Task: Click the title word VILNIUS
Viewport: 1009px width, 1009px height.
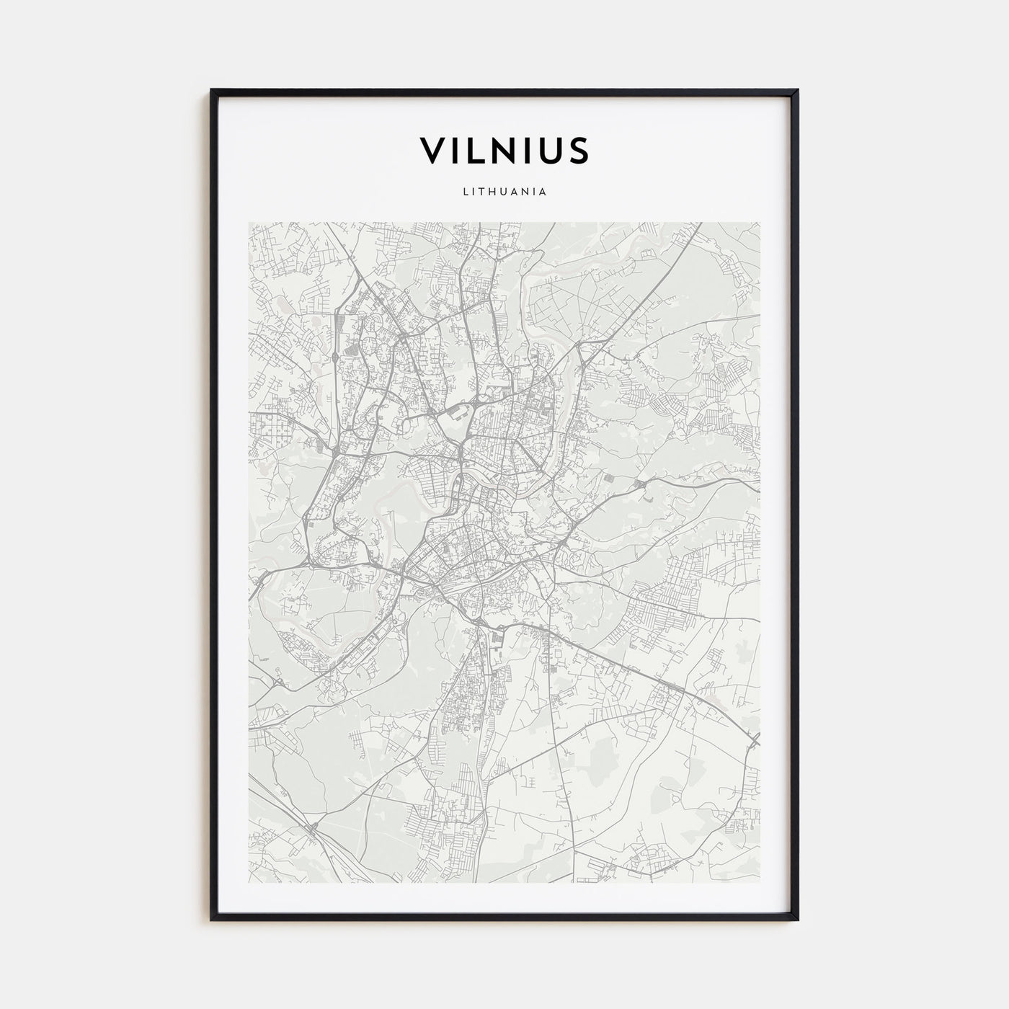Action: tap(504, 150)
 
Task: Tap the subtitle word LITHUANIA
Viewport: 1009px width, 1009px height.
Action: tap(504, 192)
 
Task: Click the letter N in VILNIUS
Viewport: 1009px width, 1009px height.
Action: tap(510, 150)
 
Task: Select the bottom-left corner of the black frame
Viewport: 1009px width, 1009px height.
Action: tap(212, 920)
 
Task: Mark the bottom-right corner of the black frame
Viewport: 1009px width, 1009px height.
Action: tap(797, 920)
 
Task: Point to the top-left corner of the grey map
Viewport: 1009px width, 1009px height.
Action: tap(248, 223)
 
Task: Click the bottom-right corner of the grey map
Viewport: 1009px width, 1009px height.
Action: tap(760, 883)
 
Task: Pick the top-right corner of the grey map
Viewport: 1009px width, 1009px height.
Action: tap(760, 223)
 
